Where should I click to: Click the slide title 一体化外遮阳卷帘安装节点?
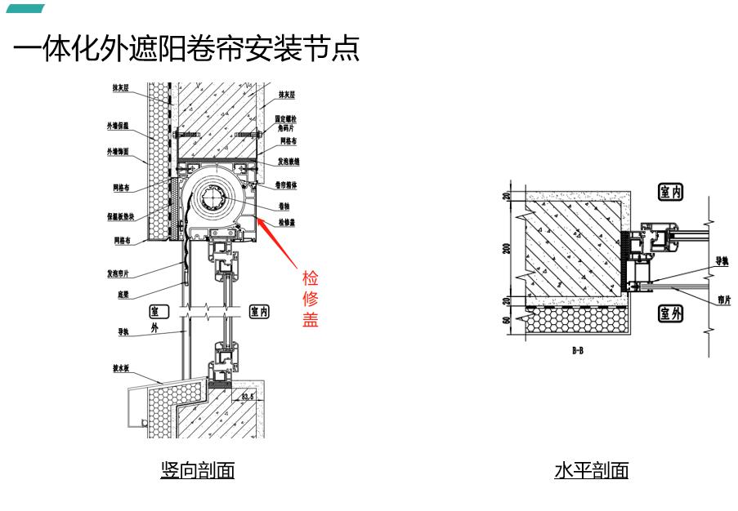click(186, 50)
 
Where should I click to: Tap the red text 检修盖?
click(310, 298)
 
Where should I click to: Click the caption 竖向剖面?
click(197, 471)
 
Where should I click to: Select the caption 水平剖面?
click(591, 471)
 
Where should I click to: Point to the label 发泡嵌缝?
click(287, 162)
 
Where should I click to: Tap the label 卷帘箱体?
click(287, 184)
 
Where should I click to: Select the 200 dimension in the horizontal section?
click(507, 247)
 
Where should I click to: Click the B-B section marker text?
click(578, 350)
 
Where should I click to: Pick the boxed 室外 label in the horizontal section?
click(670, 313)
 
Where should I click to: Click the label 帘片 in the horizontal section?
click(723, 300)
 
